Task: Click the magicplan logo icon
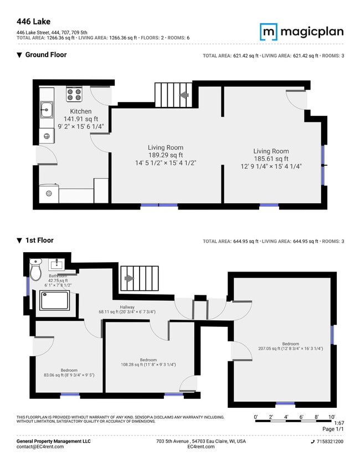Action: click(269, 32)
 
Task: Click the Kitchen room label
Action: click(80, 111)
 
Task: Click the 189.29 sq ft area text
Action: click(166, 155)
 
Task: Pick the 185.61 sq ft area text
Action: click(271, 159)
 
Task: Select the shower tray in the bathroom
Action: click(55, 300)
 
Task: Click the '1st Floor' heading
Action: click(39, 240)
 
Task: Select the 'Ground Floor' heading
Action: click(46, 55)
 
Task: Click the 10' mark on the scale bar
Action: click(332, 416)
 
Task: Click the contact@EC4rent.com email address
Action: click(40, 447)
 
